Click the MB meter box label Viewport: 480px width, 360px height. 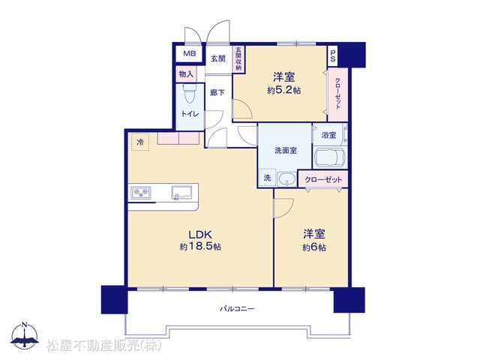click(x=190, y=54)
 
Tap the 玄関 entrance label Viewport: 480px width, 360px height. click(x=218, y=58)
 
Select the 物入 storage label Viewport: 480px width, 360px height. click(x=186, y=74)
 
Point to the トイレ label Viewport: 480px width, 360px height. click(x=190, y=114)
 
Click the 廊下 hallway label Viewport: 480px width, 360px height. click(x=217, y=92)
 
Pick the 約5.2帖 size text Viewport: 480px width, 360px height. click(x=283, y=90)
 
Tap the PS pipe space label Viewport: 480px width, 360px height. click(x=333, y=56)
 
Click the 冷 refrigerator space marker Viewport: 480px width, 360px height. click(x=140, y=142)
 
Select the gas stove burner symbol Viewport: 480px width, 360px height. click(x=141, y=193)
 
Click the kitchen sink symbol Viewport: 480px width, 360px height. click(x=181, y=193)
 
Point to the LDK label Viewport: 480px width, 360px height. click(x=200, y=235)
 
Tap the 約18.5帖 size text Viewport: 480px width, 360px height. click(x=200, y=247)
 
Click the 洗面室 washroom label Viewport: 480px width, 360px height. click(x=285, y=150)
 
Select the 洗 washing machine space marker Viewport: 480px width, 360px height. click(x=267, y=178)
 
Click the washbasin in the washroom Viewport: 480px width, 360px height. click(x=286, y=178)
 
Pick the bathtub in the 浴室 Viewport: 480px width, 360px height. click(x=329, y=157)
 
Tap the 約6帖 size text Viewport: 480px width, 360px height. click(x=314, y=247)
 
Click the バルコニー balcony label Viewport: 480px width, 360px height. click(x=237, y=308)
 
